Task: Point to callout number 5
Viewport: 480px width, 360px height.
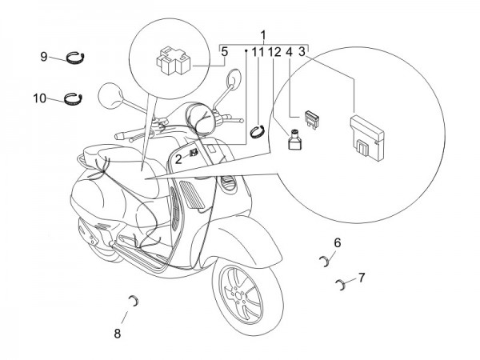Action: coord(225,52)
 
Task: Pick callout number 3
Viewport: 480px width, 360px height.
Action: coord(302,52)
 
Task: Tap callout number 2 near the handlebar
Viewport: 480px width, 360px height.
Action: coord(178,159)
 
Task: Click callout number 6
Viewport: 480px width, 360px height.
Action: coord(338,242)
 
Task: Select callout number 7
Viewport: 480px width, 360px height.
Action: coord(362,278)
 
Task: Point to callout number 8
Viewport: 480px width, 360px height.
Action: coord(118,334)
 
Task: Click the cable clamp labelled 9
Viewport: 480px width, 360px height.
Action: coord(77,56)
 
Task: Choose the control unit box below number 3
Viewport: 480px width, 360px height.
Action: coord(368,131)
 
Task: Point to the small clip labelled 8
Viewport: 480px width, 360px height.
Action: coord(134,300)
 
